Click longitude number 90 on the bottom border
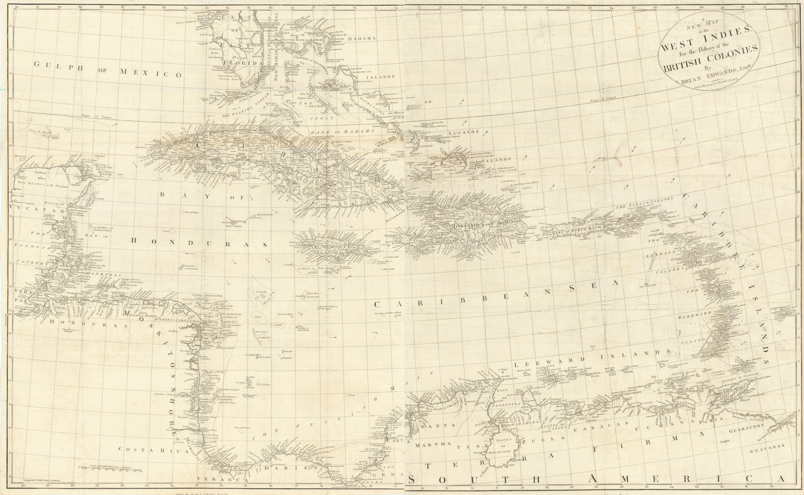(x=23, y=485)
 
